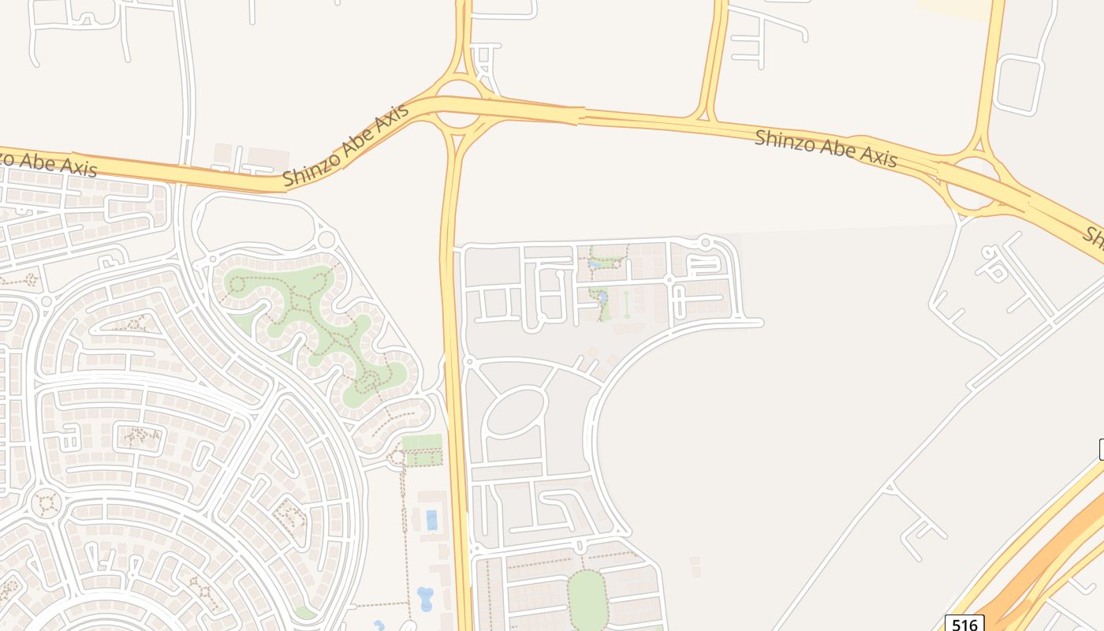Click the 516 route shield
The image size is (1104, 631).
coord(964,624)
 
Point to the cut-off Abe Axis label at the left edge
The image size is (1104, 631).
coord(47,162)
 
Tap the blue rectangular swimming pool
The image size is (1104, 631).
coord(431,520)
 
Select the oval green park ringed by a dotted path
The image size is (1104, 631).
coord(587,599)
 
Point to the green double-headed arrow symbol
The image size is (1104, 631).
coord(627,304)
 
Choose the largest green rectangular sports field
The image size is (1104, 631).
coord(422,441)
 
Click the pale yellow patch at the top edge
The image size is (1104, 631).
coord(954,8)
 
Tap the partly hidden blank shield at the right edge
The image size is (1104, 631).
coord(1101,450)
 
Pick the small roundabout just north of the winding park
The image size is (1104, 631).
coord(326,239)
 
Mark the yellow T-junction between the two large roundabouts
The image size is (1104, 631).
coord(706,118)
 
